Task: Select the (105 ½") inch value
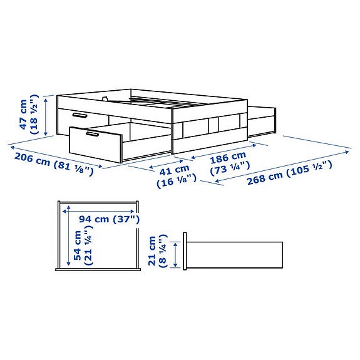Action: click(309, 167)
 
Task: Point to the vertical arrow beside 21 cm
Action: click(176, 254)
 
